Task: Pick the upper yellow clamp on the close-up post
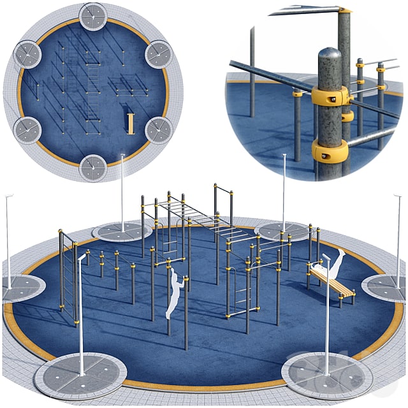coord(331,96)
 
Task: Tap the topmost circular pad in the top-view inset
coord(93,17)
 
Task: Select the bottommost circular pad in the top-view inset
coord(93,168)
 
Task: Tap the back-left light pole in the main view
coord(122,191)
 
